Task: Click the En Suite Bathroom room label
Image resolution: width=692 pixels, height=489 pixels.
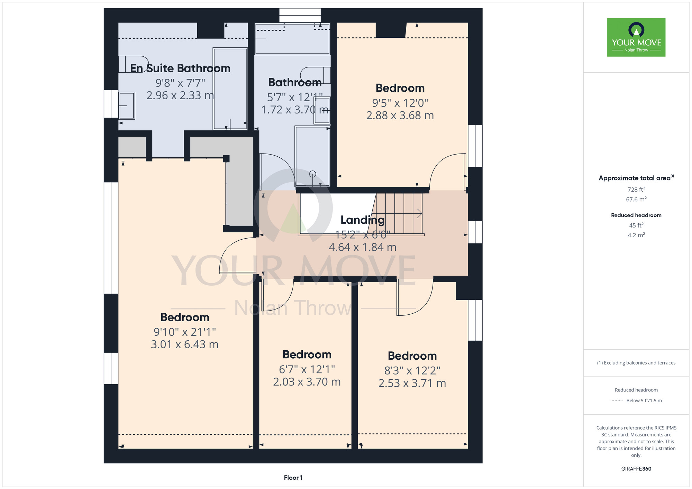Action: click(180, 68)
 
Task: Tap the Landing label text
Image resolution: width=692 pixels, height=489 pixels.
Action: click(363, 220)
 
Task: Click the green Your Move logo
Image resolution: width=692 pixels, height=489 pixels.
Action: click(636, 37)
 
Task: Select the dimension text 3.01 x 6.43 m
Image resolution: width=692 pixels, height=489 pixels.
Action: click(185, 344)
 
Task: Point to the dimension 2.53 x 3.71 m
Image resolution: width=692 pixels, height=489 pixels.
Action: click(412, 383)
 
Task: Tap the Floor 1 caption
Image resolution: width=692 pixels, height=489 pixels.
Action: click(293, 478)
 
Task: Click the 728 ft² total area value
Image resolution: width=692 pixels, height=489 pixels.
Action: click(636, 190)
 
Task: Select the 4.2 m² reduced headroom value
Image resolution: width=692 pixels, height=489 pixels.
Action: click(636, 235)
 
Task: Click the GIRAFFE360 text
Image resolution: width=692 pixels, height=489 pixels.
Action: click(636, 469)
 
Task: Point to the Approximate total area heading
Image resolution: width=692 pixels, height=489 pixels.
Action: click(636, 178)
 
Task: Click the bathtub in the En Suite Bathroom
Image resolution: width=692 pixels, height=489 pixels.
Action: click(230, 89)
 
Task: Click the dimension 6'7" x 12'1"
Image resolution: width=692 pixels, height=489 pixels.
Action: click(307, 369)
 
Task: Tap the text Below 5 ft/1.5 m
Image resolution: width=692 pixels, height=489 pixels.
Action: click(644, 400)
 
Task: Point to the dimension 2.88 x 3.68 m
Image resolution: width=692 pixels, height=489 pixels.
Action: click(400, 116)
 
